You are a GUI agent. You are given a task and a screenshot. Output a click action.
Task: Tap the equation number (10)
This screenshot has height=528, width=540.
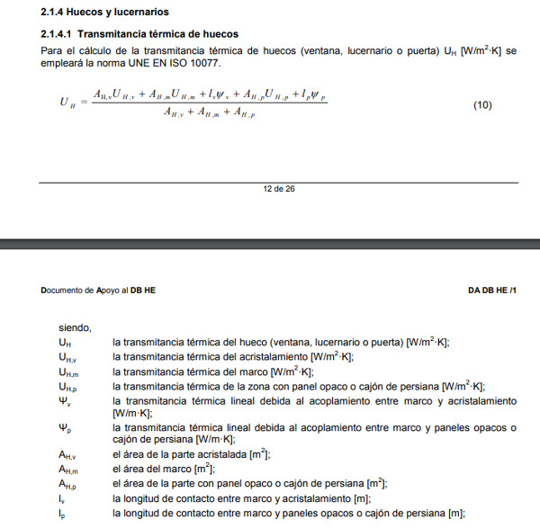(482, 105)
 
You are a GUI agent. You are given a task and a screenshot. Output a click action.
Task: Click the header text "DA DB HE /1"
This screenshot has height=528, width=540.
(492, 291)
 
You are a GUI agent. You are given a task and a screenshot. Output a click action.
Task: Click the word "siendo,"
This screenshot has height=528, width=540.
(76, 328)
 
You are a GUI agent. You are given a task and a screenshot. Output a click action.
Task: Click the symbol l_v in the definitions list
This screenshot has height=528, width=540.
(62, 499)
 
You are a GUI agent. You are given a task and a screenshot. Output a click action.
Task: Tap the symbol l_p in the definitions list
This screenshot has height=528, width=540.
(62, 514)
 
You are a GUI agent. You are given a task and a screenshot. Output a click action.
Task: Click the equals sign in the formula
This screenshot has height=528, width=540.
(84, 103)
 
